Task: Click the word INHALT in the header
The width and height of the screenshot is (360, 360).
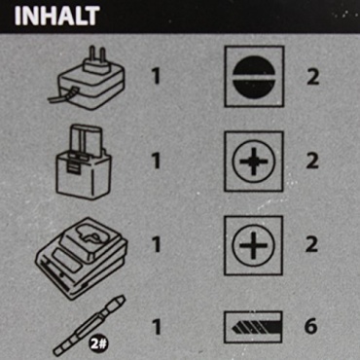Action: (57, 16)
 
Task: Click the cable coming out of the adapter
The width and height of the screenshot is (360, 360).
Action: (62, 96)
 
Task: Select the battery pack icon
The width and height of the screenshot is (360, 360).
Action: (84, 162)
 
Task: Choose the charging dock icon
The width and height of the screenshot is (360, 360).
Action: (82, 258)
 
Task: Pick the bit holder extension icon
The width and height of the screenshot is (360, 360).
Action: (90, 325)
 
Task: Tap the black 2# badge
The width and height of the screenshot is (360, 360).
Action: (98, 343)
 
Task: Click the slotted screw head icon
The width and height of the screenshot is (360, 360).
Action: (254, 77)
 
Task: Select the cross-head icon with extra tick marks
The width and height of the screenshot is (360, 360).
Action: (253, 162)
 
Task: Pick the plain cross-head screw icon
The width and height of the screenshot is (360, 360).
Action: (253, 245)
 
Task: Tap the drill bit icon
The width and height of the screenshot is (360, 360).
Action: (253, 327)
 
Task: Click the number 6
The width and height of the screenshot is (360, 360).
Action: (310, 326)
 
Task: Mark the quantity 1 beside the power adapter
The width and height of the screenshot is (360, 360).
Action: (157, 77)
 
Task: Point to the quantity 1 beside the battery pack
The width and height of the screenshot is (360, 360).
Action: (157, 161)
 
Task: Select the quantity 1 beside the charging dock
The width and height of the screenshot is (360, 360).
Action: (157, 244)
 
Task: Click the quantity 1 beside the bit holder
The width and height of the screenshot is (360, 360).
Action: (157, 327)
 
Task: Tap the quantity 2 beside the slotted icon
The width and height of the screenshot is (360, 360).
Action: (312, 77)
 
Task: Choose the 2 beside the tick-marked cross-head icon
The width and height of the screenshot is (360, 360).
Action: (312, 161)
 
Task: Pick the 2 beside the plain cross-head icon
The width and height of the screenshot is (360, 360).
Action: (311, 244)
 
